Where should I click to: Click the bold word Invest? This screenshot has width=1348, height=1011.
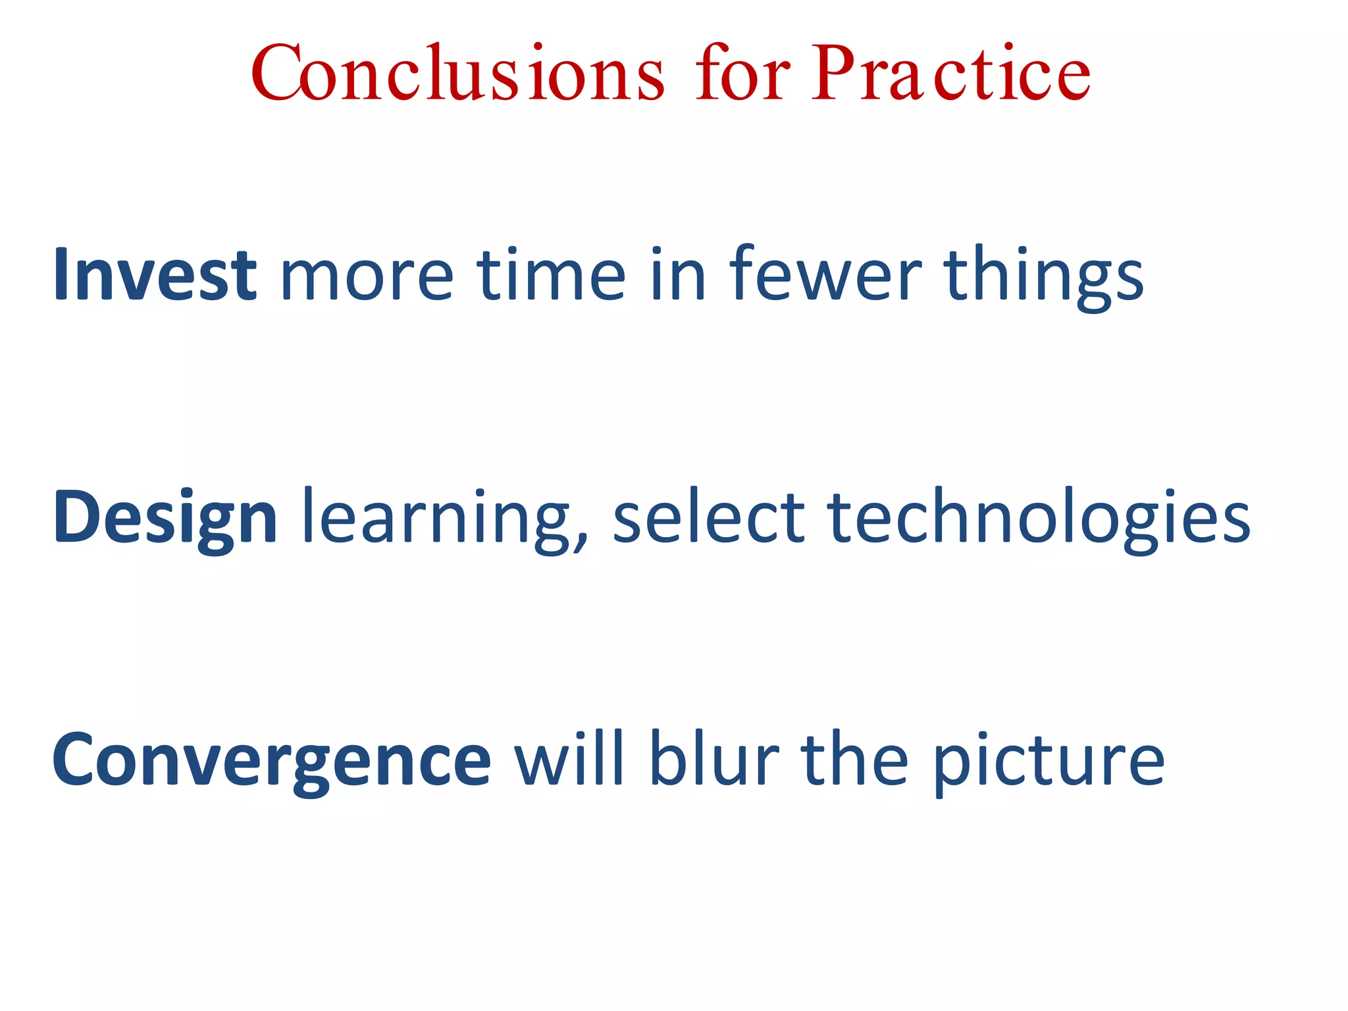point(155,274)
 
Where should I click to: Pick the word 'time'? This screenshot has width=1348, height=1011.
point(551,274)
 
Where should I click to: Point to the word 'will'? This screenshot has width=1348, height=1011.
point(569,760)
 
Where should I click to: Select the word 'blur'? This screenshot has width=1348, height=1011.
point(714,760)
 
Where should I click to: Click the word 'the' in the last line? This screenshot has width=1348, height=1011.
point(854,760)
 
